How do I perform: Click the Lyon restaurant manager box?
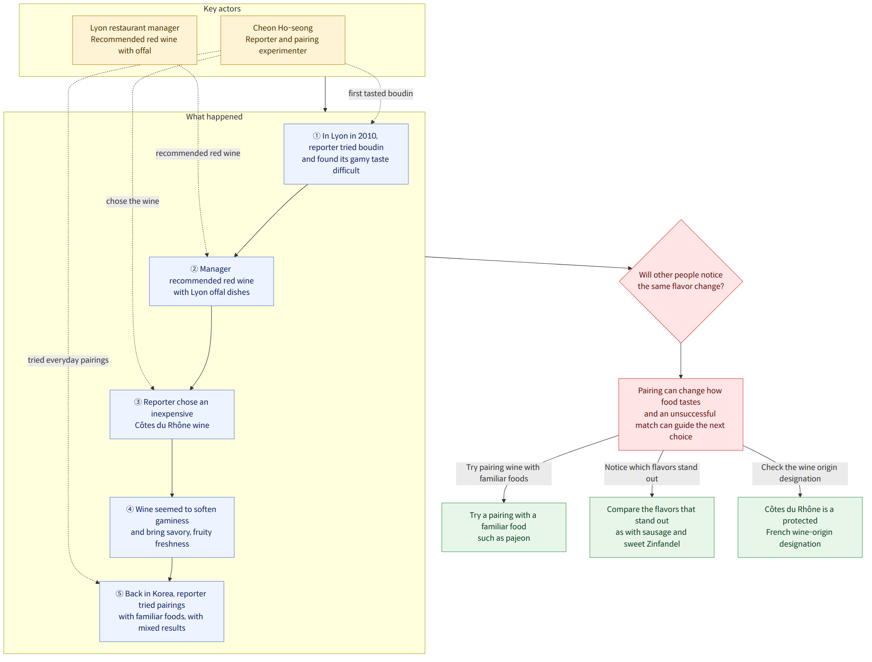click(x=134, y=40)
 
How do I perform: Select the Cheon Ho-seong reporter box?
click(x=283, y=40)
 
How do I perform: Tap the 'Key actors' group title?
click(x=222, y=9)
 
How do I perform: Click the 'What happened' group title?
click(x=214, y=117)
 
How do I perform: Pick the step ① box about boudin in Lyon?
click(x=346, y=154)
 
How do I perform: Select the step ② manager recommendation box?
click(x=211, y=281)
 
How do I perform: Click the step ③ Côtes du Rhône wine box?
click(x=172, y=414)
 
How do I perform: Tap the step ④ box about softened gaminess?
click(x=172, y=527)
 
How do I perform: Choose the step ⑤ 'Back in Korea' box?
click(x=162, y=611)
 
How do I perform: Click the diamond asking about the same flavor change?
click(x=681, y=281)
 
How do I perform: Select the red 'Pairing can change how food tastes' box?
click(x=681, y=414)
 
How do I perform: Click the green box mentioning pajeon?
click(x=504, y=527)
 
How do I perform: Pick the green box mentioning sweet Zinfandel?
click(x=652, y=527)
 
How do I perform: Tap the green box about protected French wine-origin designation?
click(x=800, y=527)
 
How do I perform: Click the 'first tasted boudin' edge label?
click(x=380, y=94)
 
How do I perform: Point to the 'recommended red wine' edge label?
click(x=198, y=153)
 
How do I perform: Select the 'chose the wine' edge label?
click(x=133, y=201)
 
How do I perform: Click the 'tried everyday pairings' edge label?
click(x=68, y=360)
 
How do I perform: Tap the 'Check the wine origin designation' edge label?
click(x=800, y=473)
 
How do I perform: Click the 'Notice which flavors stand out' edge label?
click(x=652, y=473)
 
